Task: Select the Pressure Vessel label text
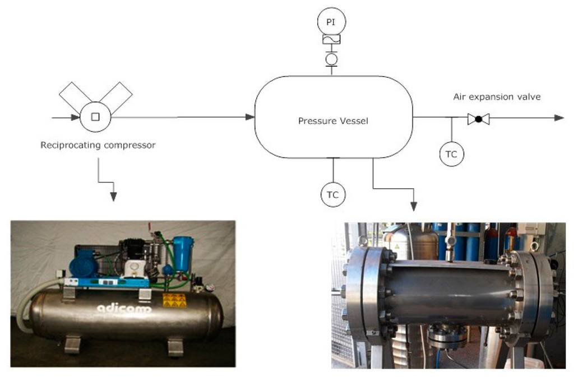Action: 333,120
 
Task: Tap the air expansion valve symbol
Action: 478,118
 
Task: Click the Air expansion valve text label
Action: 497,97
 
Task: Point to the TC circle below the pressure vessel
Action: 333,194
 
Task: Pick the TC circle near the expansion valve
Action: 451,155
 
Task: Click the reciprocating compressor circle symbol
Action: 95,117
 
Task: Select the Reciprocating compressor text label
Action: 98,145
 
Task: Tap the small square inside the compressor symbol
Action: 95,117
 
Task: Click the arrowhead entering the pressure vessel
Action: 250,117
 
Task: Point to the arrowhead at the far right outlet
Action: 558,118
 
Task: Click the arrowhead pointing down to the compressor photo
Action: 113,196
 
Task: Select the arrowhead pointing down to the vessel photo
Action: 414,206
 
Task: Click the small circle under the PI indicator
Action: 331,59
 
